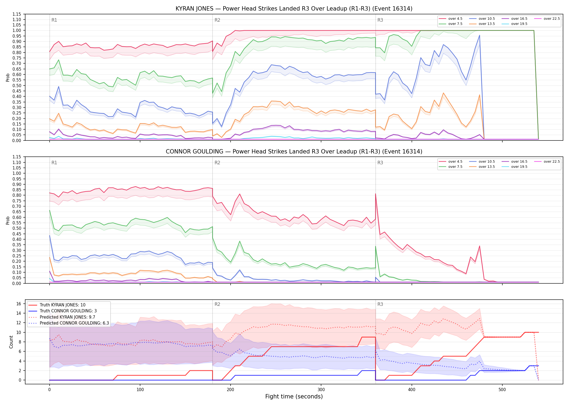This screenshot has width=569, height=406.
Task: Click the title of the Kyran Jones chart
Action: [294, 9]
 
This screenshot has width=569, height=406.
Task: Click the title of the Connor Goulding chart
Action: [294, 152]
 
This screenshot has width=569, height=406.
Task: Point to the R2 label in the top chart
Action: [217, 20]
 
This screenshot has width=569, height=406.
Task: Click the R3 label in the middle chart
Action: [380, 163]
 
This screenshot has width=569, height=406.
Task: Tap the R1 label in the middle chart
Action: [54, 163]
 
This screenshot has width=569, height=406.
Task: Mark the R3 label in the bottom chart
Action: [380, 304]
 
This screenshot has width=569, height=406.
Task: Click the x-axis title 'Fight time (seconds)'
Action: [294, 397]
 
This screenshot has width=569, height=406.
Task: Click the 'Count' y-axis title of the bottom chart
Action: [11, 342]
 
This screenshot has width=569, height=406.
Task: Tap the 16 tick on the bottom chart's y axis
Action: [19, 304]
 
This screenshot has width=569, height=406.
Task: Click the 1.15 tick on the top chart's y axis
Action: [17, 14]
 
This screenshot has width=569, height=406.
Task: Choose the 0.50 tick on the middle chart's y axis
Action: [17, 228]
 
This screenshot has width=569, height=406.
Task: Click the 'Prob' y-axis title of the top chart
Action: [8, 77]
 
